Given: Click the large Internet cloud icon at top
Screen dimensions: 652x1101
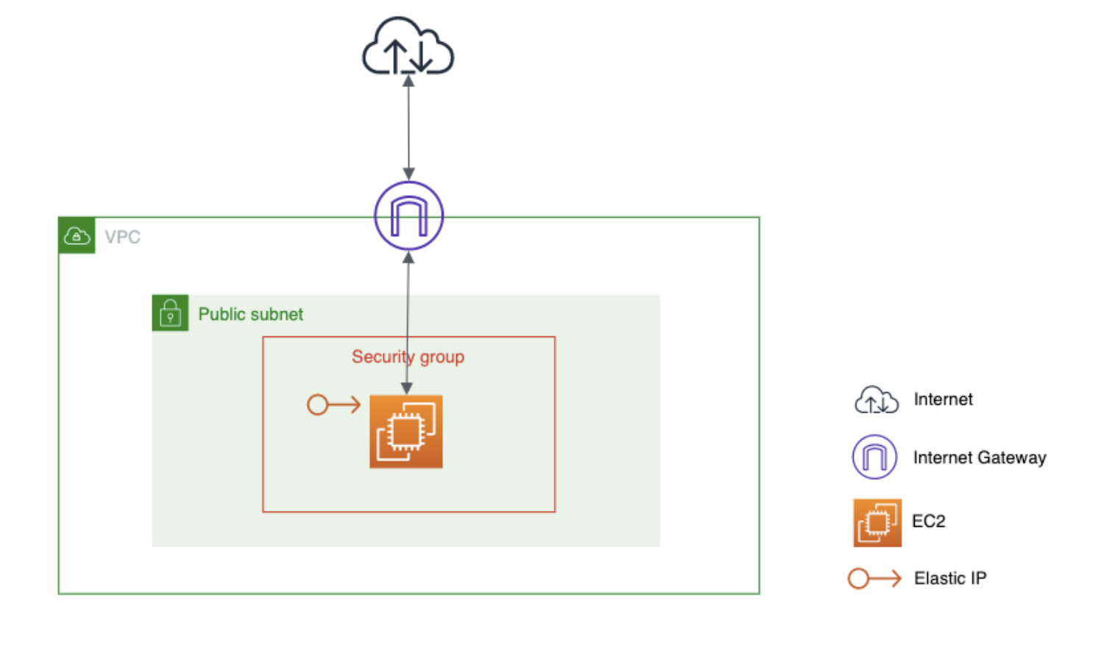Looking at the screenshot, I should click(408, 47).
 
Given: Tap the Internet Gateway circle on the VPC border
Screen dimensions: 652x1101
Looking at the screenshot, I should click(408, 216).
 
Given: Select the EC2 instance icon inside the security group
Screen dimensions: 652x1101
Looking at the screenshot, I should click(406, 431).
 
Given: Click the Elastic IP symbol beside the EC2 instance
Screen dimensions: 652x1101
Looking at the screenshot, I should click(333, 405).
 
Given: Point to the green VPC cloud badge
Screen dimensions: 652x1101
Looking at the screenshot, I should click(77, 235).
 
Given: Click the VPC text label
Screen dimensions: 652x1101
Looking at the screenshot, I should click(122, 237).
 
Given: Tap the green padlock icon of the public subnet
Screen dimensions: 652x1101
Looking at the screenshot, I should click(170, 313).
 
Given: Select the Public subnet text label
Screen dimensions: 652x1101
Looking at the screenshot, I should click(250, 314).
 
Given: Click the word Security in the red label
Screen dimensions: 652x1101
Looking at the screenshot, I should click(383, 357).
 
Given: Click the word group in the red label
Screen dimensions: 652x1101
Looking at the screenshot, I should click(442, 357).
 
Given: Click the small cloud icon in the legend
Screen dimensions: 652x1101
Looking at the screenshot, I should click(876, 400).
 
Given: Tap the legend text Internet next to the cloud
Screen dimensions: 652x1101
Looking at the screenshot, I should click(943, 399).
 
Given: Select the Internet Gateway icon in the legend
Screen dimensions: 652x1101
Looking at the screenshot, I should click(874, 457).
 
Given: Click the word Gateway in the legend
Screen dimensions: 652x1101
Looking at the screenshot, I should click(1012, 458).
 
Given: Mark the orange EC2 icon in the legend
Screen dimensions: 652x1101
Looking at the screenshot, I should click(877, 522).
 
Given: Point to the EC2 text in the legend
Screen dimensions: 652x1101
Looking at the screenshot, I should click(929, 521).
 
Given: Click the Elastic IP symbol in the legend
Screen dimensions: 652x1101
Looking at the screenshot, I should click(874, 578).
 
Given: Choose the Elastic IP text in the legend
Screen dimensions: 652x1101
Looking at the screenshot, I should click(950, 578).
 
